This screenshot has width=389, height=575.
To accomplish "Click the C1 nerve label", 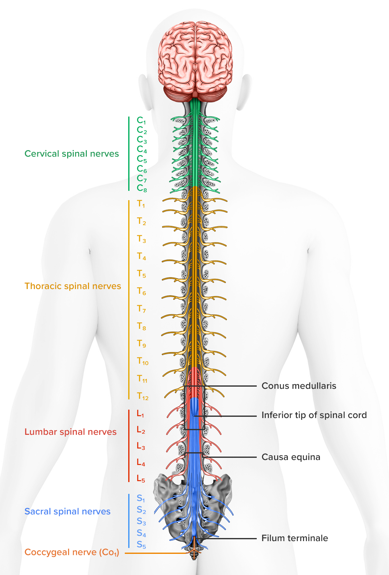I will click(x=141, y=121).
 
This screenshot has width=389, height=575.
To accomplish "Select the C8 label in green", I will click(x=142, y=188).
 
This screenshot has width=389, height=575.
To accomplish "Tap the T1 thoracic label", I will click(x=141, y=204).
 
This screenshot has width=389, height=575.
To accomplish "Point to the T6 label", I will click(x=142, y=292).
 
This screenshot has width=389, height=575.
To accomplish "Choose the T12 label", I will click(x=143, y=396).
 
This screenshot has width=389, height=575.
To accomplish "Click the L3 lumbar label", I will click(x=141, y=446).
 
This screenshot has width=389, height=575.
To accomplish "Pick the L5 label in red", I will click(x=141, y=479).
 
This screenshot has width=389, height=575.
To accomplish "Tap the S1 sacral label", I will click(x=141, y=498).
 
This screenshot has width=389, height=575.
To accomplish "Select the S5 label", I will click(x=141, y=545).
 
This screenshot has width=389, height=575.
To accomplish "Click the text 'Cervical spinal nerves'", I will click(x=72, y=154).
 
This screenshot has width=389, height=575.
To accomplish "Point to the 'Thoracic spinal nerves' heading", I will click(x=73, y=286).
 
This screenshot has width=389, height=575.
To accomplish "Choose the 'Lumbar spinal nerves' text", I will click(x=71, y=432).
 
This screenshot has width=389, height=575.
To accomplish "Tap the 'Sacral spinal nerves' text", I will click(x=68, y=512).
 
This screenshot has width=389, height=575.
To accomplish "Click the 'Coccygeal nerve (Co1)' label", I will click(x=72, y=552).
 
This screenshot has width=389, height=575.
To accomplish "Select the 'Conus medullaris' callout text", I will click(x=299, y=386).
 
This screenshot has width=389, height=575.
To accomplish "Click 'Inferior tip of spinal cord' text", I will click(x=314, y=415).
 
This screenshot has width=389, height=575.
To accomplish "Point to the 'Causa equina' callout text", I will click(x=291, y=457).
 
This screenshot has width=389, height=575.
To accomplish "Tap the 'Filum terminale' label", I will click(x=295, y=538).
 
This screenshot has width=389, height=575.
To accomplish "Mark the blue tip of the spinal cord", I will click(x=194, y=407).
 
